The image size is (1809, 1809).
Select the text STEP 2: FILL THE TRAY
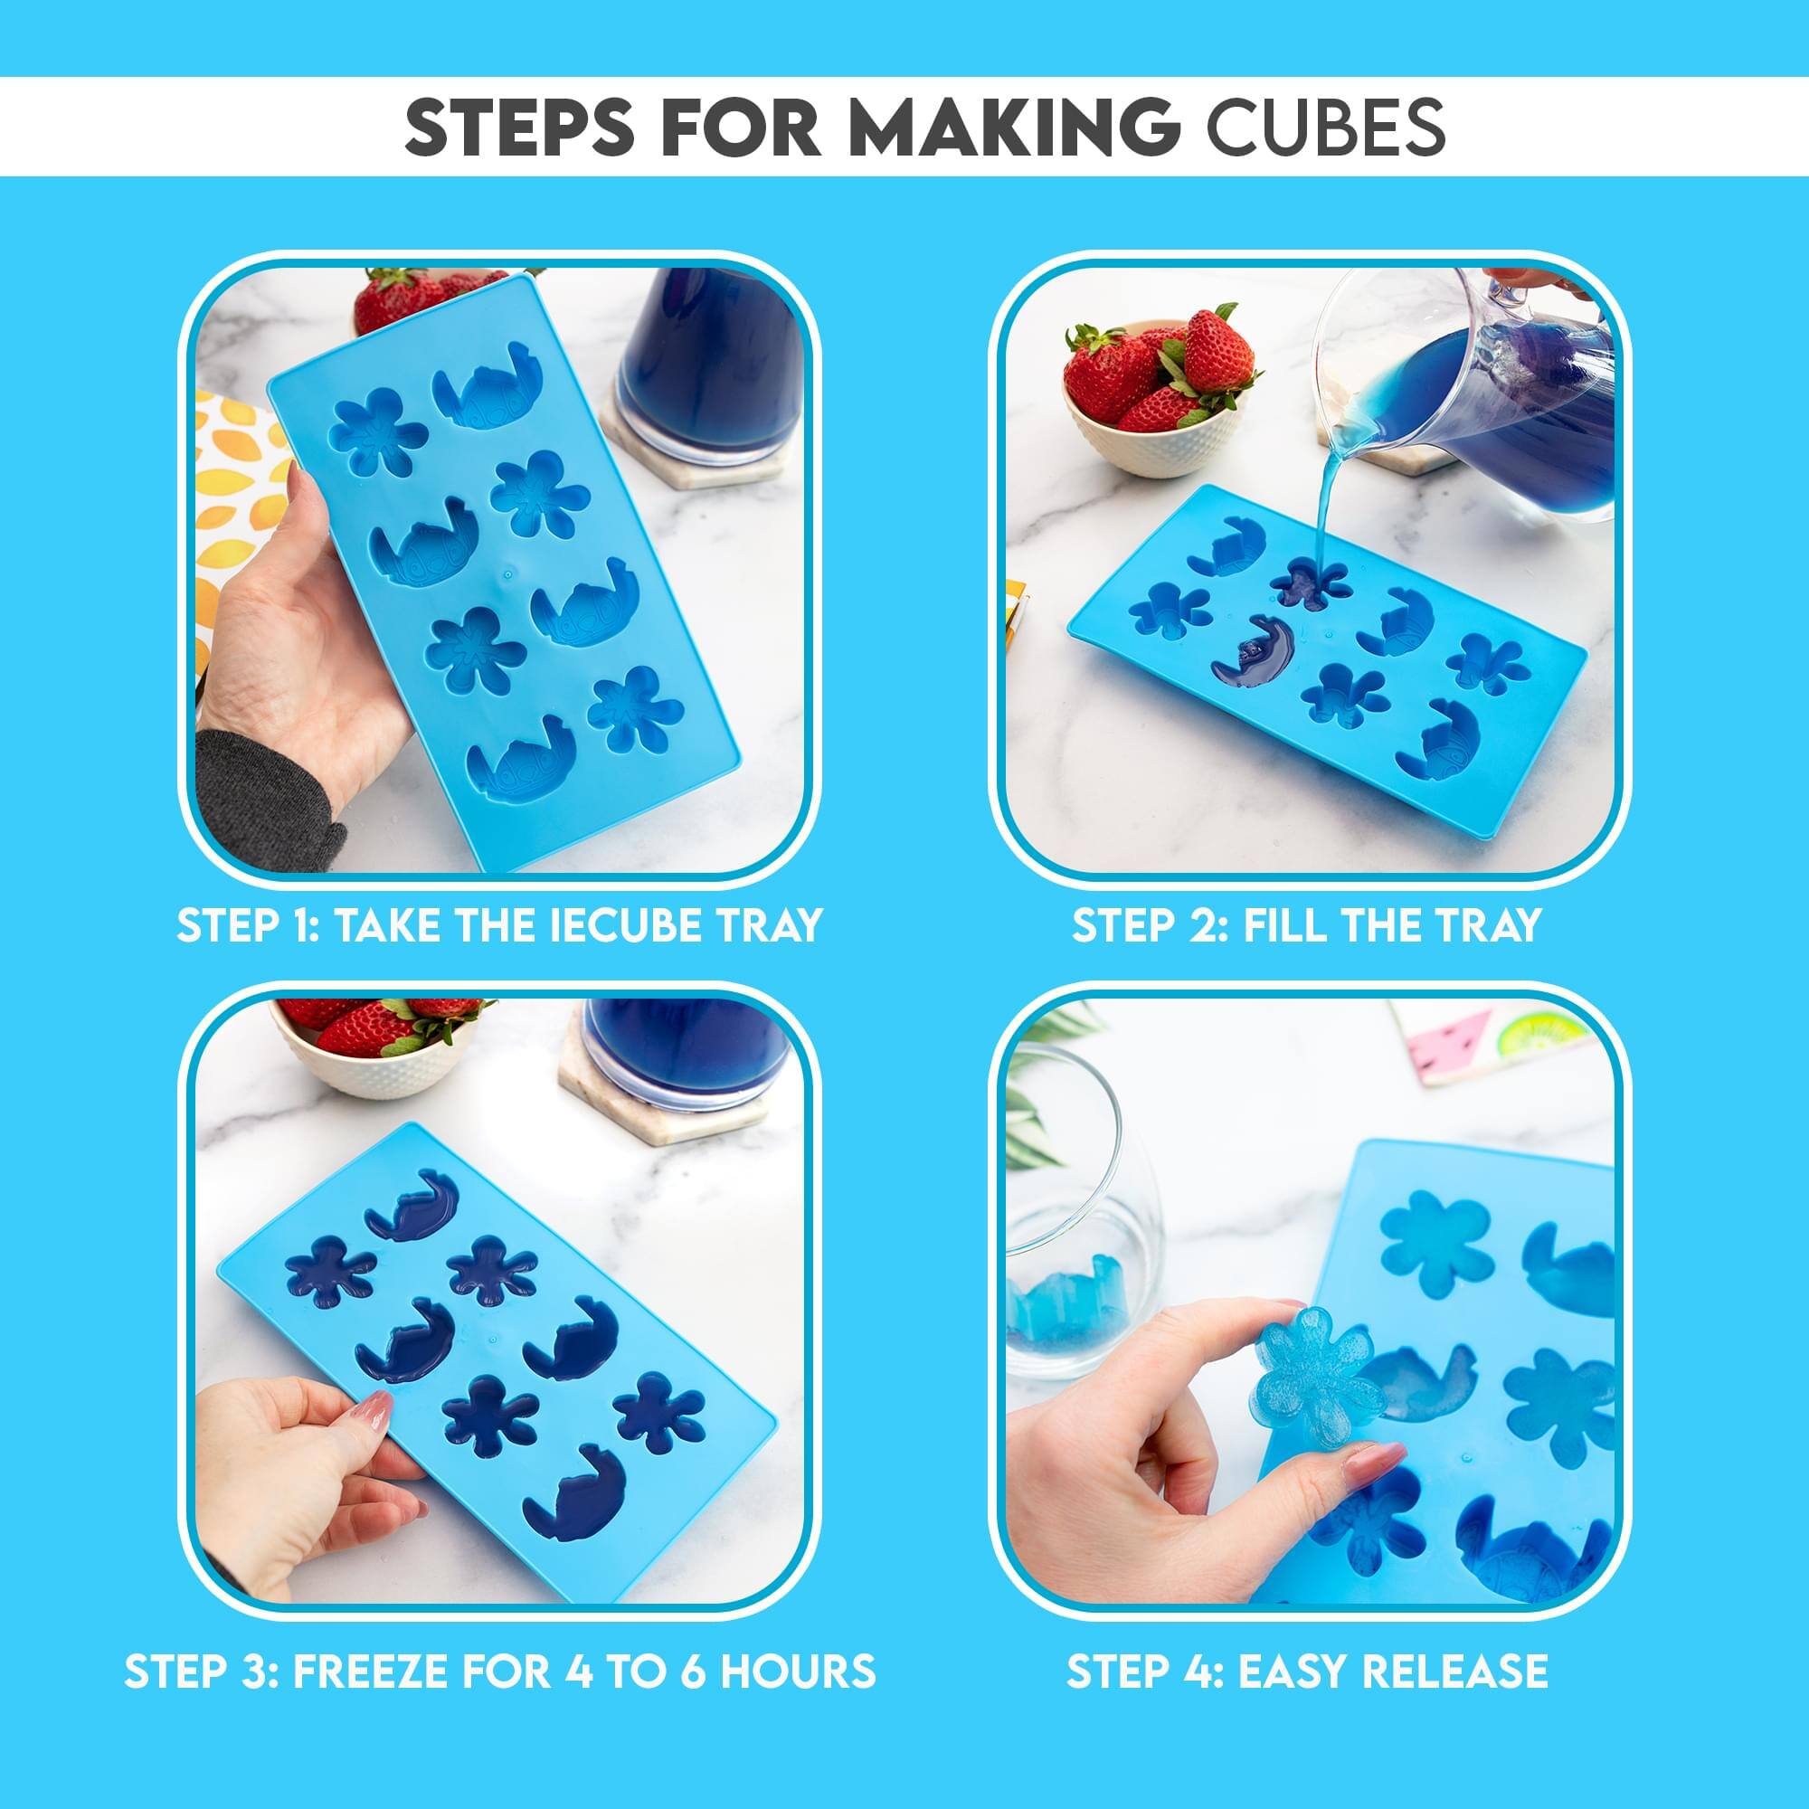coord(1306,925)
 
